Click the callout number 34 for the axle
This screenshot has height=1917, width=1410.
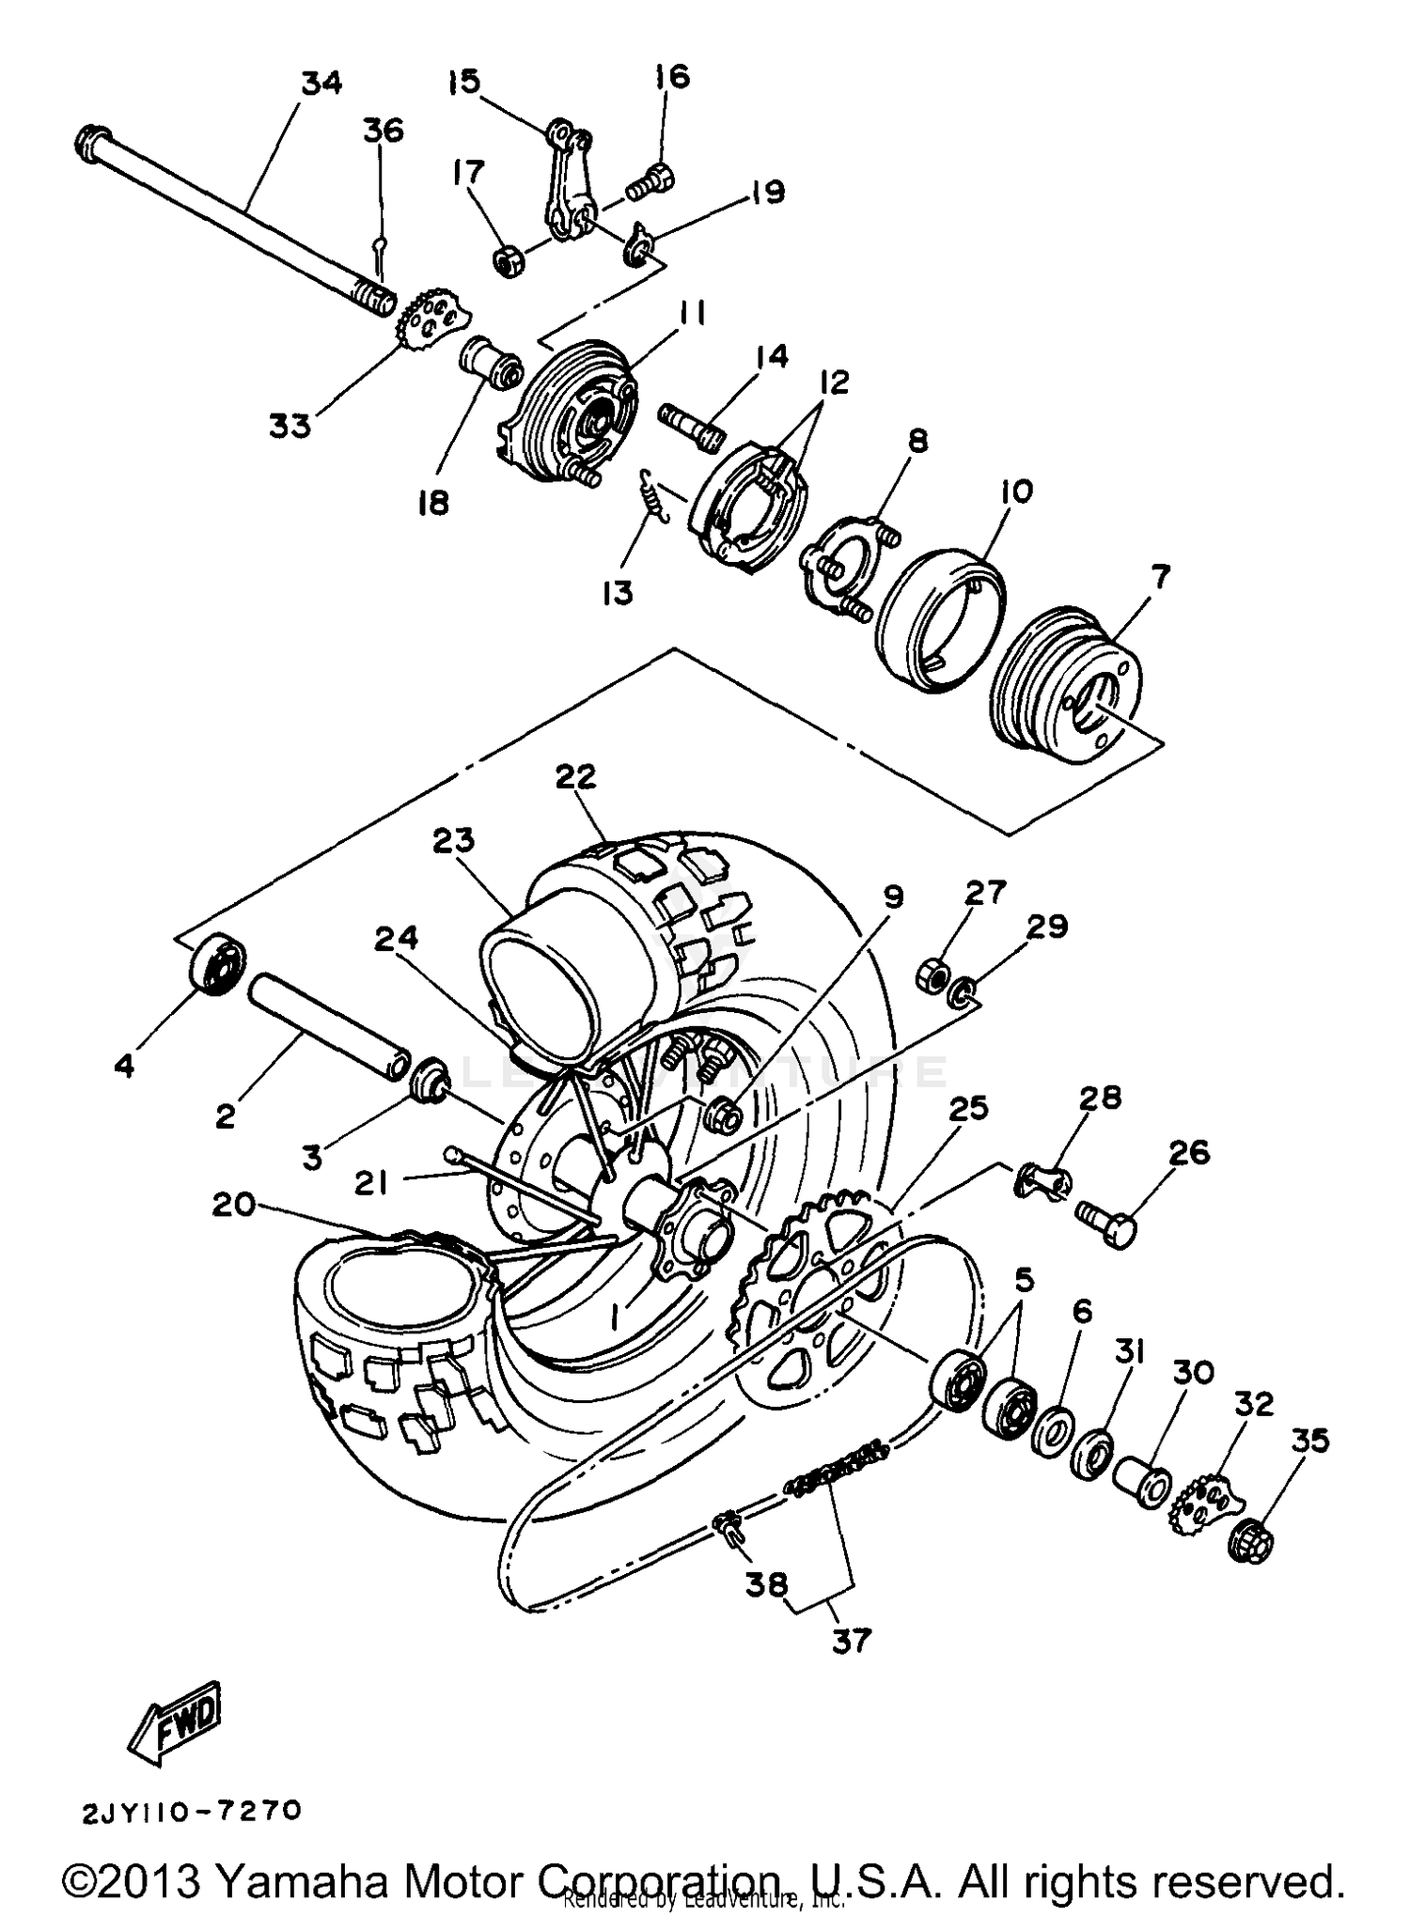coord(321,84)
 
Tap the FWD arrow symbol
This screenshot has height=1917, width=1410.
coord(178,1724)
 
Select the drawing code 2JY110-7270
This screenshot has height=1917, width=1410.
coord(192,1812)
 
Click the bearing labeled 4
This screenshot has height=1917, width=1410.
coord(217,961)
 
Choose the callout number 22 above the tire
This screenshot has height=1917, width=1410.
coord(575,776)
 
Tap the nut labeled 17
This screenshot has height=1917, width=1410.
coord(509,259)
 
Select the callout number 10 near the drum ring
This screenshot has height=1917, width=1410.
coord(1016,491)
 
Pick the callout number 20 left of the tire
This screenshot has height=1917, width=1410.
coord(233,1204)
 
